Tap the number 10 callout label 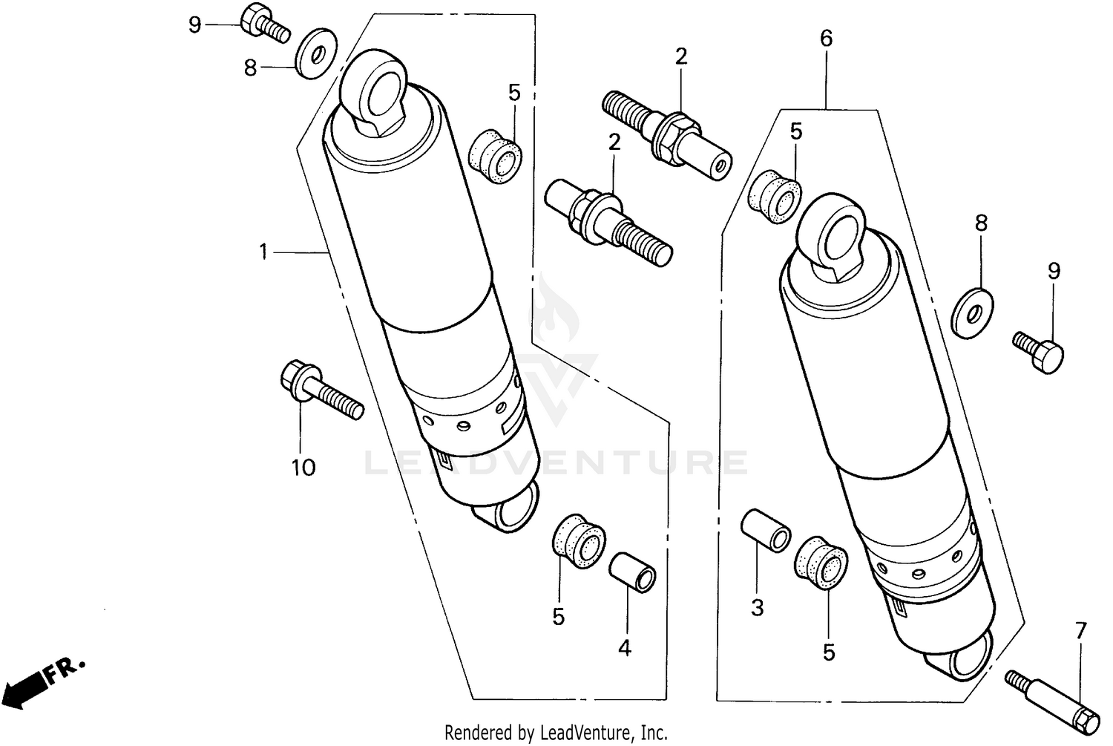[303, 468]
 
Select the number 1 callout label [263, 252]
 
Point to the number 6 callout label [826, 39]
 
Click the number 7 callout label [1080, 632]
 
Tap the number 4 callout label [625, 648]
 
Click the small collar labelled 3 [764, 529]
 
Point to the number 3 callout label [757, 608]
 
